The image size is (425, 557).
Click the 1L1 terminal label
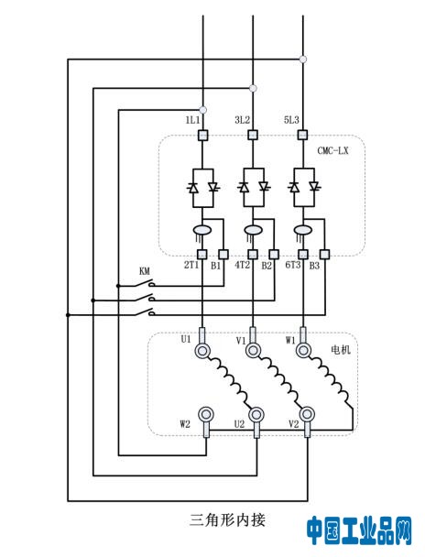coord(192,120)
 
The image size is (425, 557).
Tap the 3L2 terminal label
coord(242,120)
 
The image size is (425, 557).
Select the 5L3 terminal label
coord(291,120)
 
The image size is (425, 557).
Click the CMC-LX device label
coord(332,150)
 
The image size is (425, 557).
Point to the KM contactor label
coord(144,271)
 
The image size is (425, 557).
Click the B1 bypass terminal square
coord(223,255)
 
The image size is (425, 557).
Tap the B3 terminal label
coord(314,266)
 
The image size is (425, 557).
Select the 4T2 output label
coord(243,265)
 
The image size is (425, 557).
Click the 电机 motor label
coord(341,350)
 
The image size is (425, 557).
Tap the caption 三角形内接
coord(227,520)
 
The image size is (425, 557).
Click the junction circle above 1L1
coord(202,110)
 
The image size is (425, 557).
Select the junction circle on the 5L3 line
coord(303,60)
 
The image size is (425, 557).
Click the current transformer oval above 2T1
coord(202,231)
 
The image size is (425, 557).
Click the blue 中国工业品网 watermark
coord(359,530)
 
